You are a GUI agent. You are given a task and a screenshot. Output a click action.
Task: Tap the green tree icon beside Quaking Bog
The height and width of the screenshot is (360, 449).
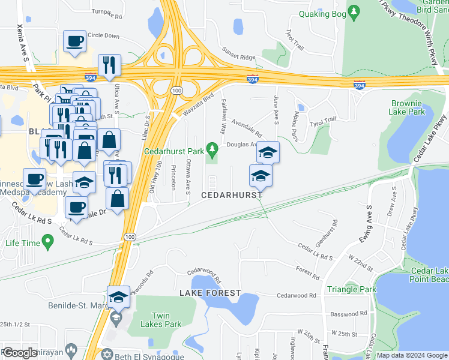(354, 11)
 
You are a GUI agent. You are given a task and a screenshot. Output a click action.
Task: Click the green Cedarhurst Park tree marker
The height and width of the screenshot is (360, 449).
(211, 148)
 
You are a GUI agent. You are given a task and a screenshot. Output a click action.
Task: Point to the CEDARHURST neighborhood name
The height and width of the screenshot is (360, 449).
(231, 196)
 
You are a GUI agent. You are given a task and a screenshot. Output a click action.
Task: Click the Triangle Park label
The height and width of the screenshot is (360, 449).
(352, 289)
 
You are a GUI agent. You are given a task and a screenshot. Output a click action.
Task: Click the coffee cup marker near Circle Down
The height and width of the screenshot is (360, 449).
(74, 41)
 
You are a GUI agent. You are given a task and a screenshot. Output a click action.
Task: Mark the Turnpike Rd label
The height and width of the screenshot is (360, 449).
(106, 11)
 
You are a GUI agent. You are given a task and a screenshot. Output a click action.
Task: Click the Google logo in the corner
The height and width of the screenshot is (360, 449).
(19, 353)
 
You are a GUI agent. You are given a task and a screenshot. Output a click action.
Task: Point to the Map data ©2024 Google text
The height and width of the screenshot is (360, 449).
(411, 355)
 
